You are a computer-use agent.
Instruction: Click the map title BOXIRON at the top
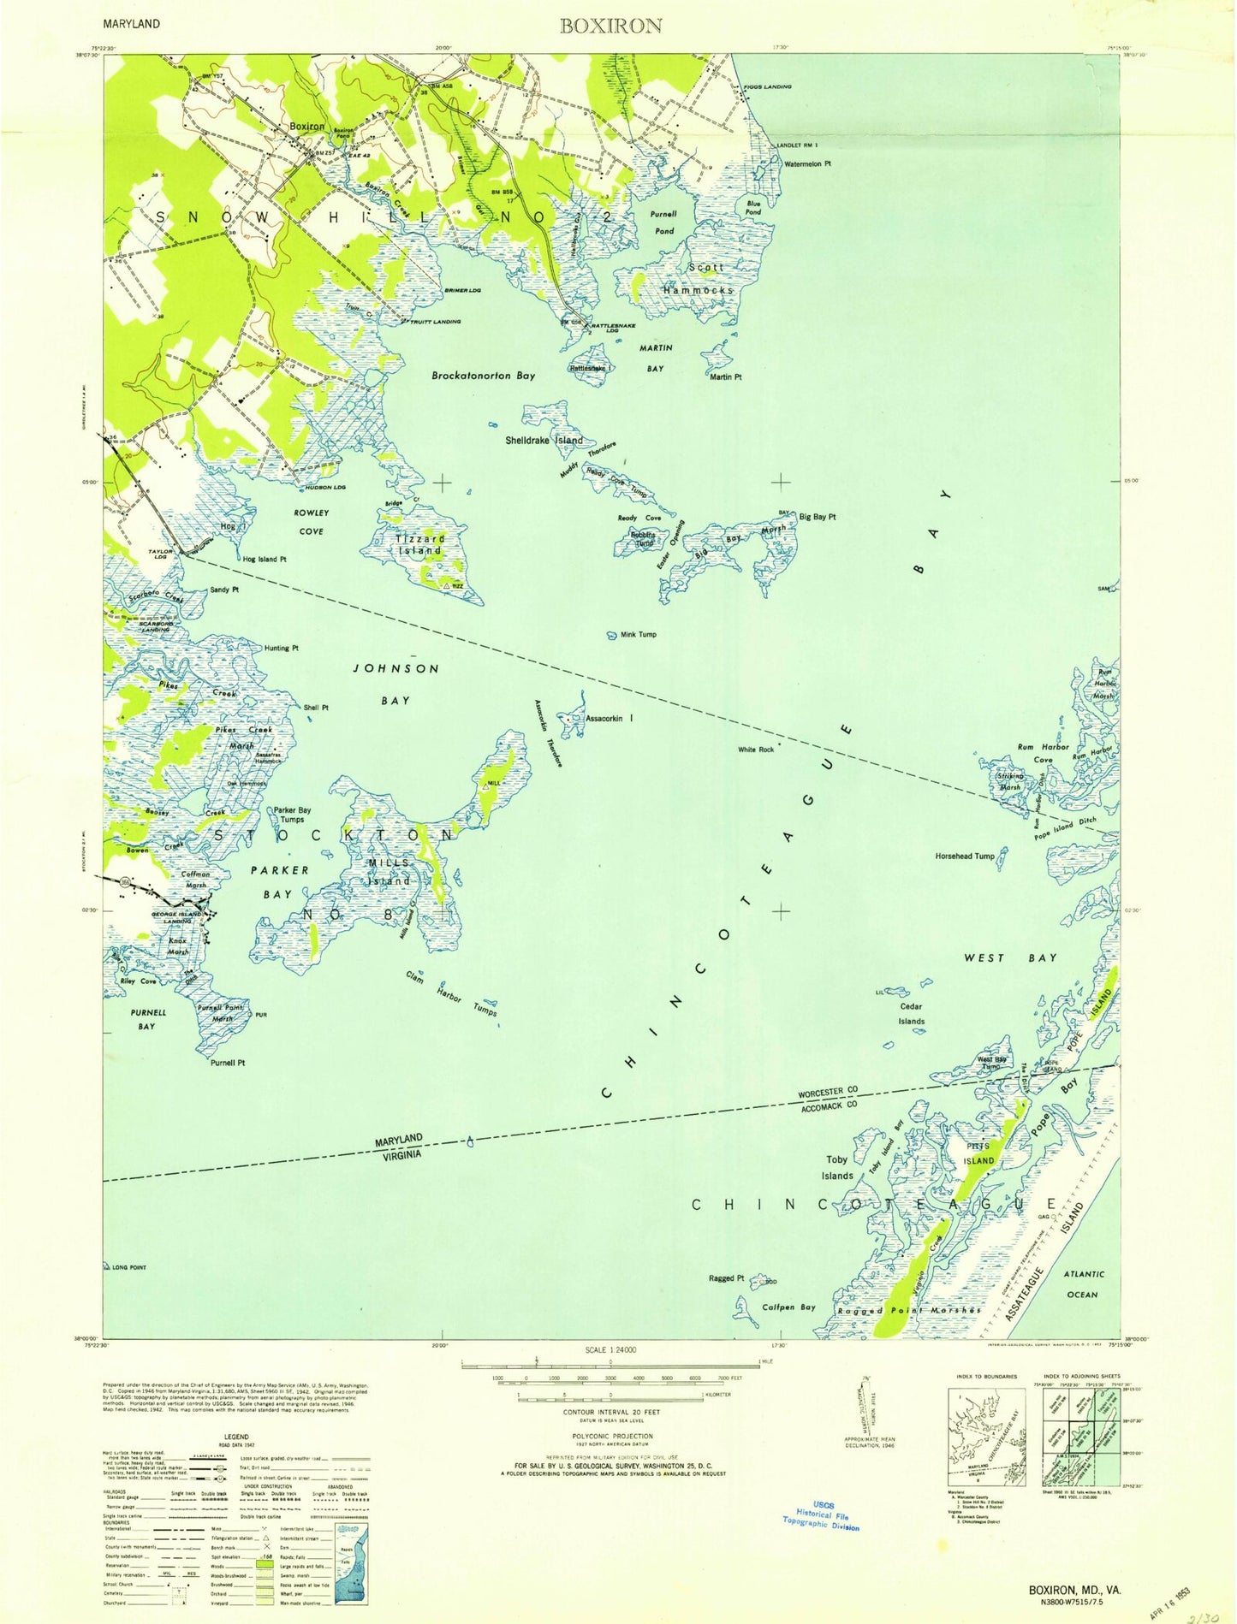point(610,26)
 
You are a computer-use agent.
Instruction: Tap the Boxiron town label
point(306,126)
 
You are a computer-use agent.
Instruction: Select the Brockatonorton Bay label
point(483,376)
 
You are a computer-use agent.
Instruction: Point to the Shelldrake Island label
point(544,440)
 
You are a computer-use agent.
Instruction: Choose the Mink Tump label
point(638,635)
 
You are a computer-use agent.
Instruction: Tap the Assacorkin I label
point(610,719)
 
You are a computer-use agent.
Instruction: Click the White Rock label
point(756,750)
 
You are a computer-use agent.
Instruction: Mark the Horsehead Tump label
point(965,856)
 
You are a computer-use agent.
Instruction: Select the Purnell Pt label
point(228,1063)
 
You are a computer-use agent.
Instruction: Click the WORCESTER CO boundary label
point(828,1094)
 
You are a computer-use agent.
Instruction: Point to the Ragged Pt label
point(721,1278)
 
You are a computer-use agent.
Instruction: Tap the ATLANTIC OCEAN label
point(1083,1284)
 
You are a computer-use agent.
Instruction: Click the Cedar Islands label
point(911,1014)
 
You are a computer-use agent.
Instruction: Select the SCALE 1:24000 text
point(610,1349)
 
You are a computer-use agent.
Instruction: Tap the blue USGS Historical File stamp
point(821,1518)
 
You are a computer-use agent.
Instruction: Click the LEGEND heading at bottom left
point(236,1437)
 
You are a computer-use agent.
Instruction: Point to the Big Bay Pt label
point(817,517)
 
